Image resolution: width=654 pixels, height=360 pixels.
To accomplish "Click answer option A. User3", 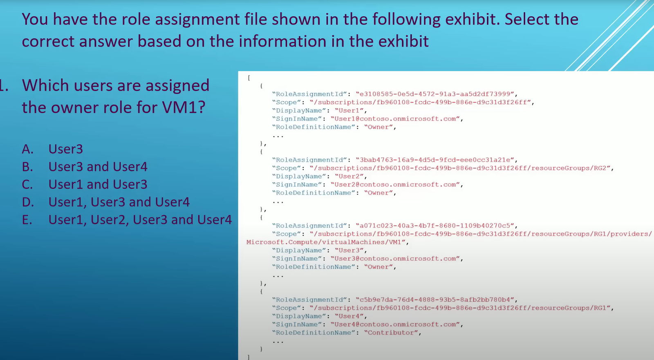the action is [52, 149].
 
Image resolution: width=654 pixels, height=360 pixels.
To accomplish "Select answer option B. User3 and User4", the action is [85, 167].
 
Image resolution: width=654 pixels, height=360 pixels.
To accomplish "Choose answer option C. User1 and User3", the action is [85, 184].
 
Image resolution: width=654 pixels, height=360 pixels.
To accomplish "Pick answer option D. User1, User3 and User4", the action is [106, 202].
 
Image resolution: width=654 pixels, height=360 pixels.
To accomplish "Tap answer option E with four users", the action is [127, 220].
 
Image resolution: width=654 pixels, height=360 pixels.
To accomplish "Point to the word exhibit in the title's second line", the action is [403, 41].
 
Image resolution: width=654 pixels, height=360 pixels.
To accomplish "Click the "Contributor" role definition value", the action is [391, 333].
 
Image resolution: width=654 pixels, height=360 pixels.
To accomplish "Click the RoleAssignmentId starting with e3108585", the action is [435, 94].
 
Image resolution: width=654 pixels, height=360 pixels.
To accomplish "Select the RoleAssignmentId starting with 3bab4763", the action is [435, 160].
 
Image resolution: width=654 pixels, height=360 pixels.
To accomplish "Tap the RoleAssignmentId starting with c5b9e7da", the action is [435, 300].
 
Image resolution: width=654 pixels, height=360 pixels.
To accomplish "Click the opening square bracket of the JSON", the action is [249, 78].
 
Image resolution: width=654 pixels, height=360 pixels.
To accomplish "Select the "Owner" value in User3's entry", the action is [379, 267].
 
